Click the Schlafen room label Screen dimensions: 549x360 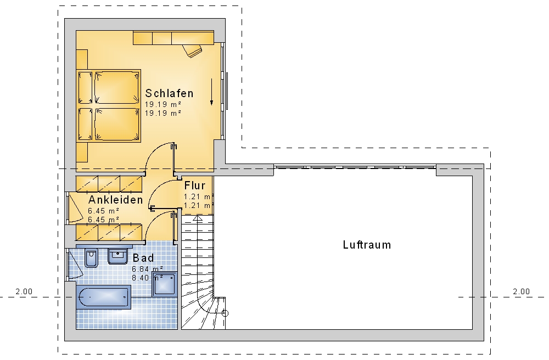pos(169,93)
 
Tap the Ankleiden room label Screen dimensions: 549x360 pos(115,200)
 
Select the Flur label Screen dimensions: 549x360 pos(195,185)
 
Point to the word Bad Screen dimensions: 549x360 pos(143,258)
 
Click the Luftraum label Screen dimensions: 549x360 pos(367,245)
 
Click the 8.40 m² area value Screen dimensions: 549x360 pos(147,278)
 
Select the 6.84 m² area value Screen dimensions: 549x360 pos(147,269)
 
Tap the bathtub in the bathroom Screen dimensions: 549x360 pos(104,297)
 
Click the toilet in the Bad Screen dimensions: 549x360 pos(91,258)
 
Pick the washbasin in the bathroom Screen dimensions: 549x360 pos(118,256)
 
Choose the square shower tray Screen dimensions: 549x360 pos(165,284)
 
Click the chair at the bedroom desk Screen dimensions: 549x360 pos(192,50)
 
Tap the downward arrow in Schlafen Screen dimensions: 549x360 pos(211,92)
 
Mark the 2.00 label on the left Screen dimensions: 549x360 pos(24,291)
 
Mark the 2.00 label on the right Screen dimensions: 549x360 pos(522,291)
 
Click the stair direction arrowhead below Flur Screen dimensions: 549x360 pos(198,218)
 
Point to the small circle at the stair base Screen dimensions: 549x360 pos(225,313)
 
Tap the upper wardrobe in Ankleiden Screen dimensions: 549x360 pos(109,184)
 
